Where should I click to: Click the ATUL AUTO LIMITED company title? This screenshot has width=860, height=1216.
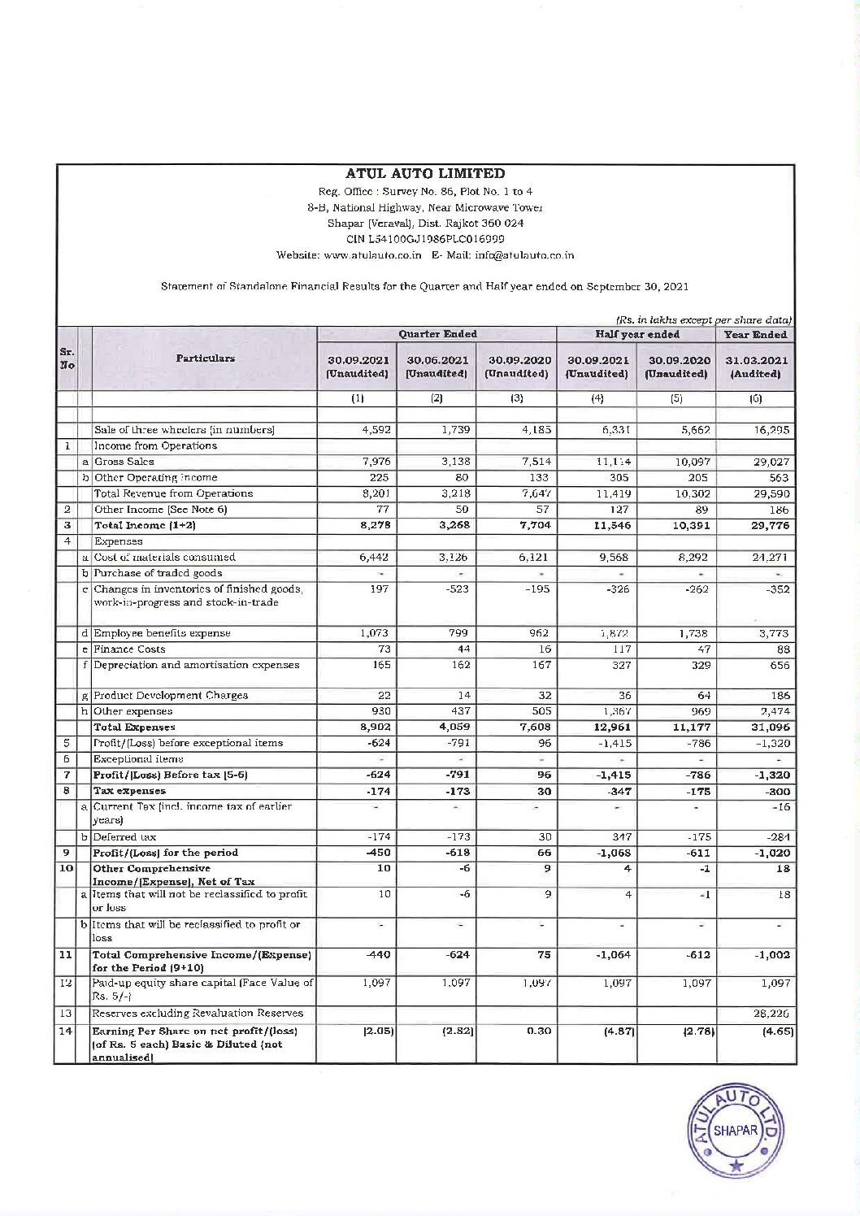pyautogui.click(x=425, y=173)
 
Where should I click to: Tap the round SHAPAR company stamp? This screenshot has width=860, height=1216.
pyautogui.click(x=736, y=1130)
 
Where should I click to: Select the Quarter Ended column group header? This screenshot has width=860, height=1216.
pyautogui.click(x=437, y=334)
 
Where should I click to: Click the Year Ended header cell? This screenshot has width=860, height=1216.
pyautogui.click(x=755, y=334)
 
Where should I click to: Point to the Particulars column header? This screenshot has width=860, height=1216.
pyautogui.click(x=205, y=358)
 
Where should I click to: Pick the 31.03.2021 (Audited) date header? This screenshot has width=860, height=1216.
pyautogui.click(x=755, y=367)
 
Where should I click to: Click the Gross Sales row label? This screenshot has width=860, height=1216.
pyautogui.click(x=124, y=462)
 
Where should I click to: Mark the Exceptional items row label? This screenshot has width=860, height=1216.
pyautogui.click(x=139, y=759)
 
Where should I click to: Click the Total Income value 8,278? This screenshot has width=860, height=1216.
pyautogui.click(x=374, y=525)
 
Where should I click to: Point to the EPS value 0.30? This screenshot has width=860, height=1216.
pyautogui.click(x=538, y=1031)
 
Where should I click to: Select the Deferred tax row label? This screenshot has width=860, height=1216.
pyautogui.click(x=125, y=837)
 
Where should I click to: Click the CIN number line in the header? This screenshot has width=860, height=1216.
pyautogui.click(x=425, y=239)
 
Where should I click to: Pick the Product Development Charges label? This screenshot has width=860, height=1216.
pyautogui.click(x=172, y=696)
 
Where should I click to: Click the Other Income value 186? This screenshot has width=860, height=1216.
pyautogui.click(x=778, y=510)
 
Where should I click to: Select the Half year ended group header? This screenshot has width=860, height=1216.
pyautogui.click(x=637, y=334)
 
